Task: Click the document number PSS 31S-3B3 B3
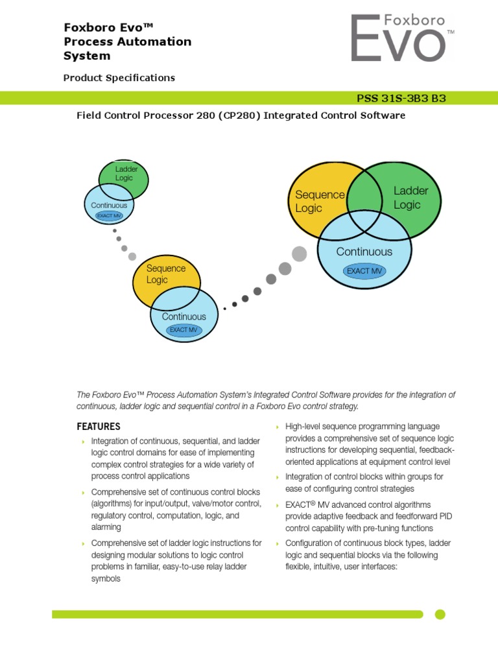point(401,99)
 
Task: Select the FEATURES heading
point(99,427)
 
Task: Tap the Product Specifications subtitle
point(119,78)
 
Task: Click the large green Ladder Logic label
point(410,198)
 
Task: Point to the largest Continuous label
point(364,252)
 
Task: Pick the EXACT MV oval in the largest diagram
point(364,271)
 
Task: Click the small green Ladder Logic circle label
point(123,173)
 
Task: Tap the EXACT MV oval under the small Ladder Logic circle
point(109,215)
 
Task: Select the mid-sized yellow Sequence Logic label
point(165,274)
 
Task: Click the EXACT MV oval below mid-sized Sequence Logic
point(184,330)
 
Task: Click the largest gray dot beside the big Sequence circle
point(299,254)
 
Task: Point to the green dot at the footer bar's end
point(440,614)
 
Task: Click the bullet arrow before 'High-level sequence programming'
point(277,427)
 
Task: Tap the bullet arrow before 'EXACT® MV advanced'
point(277,505)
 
